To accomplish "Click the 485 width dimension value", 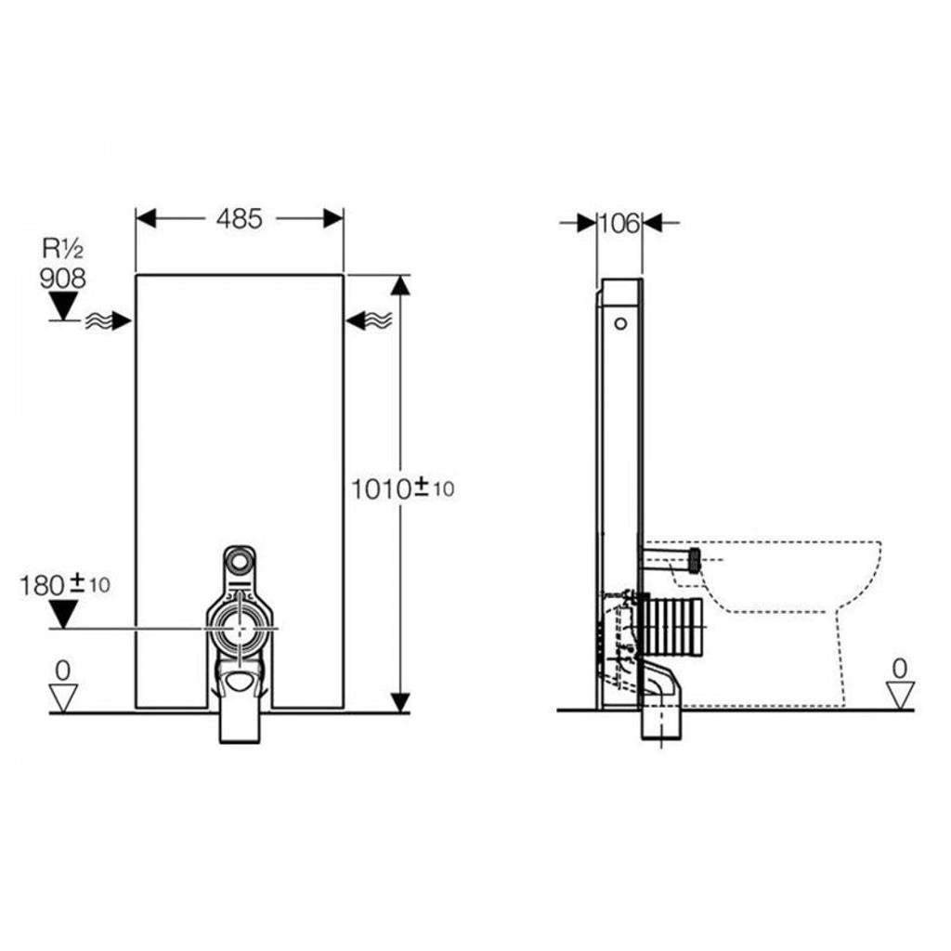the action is click(239, 219).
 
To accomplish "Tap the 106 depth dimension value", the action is click(619, 224).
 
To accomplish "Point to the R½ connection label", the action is click(62, 248).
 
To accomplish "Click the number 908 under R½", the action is click(62, 279).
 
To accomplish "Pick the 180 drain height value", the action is click(43, 586).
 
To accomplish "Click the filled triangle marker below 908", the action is click(63, 306).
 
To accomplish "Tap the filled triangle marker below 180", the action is click(64, 614).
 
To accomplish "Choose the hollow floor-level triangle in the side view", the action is click(900, 695).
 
